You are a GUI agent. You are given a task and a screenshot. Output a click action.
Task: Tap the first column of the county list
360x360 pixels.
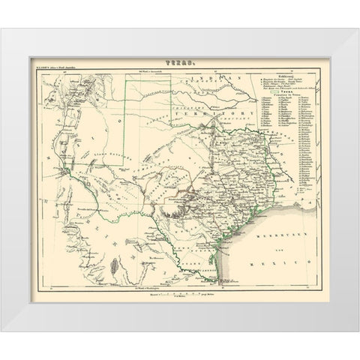click(x=273, y=157)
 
